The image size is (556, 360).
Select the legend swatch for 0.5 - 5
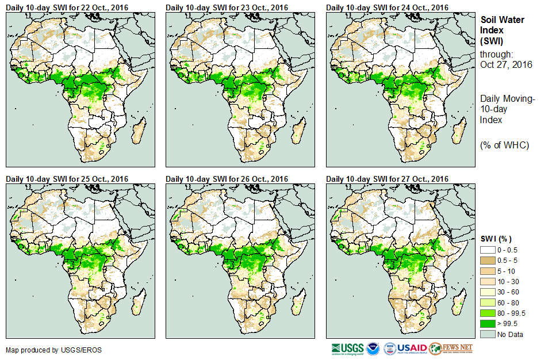(x=488, y=261)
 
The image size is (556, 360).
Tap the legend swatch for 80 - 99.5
(x=488, y=313)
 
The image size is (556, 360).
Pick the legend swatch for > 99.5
(x=488, y=323)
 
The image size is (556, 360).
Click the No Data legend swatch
(x=488, y=334)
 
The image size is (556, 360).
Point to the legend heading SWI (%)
(x=496, y=239)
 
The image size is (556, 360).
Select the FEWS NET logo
(x=451, y=348)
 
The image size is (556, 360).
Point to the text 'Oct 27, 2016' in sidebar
(x=506, y=64)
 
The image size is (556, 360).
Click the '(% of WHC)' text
(x=504, y=144)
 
